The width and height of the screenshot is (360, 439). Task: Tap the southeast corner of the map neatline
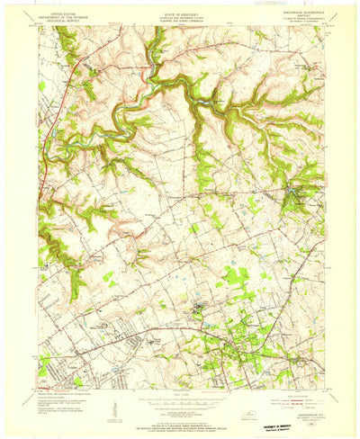coord(322,390)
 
